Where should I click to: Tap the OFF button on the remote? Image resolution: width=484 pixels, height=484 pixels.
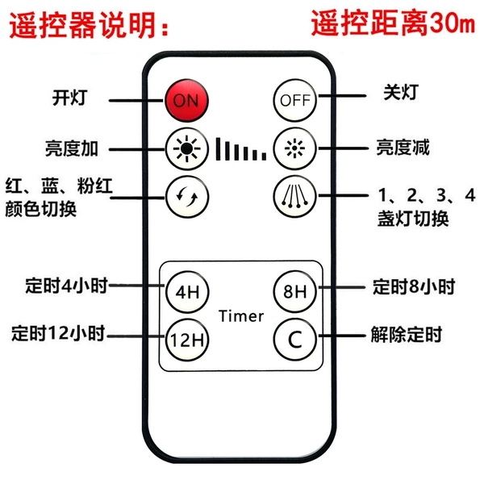294,100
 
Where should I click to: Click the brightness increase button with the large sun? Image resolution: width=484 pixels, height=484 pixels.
187,148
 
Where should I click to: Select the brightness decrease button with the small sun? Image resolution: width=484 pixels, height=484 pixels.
294,148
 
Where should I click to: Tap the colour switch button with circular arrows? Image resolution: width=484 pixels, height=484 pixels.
187,197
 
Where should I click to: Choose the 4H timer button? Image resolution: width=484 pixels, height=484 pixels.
187,292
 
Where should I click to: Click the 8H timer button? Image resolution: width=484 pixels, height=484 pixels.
295,291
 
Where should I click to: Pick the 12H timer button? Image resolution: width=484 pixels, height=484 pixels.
187,340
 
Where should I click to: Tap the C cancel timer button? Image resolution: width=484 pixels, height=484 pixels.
295,340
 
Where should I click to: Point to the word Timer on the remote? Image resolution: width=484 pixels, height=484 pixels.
241,316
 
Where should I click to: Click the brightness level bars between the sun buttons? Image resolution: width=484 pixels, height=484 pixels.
240,149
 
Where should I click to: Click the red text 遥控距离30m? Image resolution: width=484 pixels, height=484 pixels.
393,23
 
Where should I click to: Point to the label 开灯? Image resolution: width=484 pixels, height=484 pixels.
69,98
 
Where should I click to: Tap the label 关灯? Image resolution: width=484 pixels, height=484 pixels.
401,92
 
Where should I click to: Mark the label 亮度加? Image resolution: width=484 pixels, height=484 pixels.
72,148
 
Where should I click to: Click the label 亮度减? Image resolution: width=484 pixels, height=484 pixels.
403,148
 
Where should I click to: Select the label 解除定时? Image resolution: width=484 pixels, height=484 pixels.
407,334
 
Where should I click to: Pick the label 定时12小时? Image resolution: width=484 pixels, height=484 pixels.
58,333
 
